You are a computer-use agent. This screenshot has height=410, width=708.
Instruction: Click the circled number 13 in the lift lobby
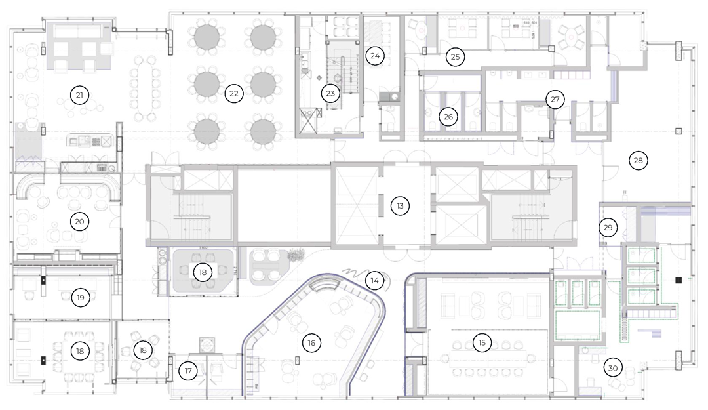(399, 206)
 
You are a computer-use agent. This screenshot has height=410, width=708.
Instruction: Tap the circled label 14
(374, 280)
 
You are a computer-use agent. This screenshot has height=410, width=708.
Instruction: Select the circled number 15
(482, 342)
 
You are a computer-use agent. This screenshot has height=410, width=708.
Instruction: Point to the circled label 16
(311, 342)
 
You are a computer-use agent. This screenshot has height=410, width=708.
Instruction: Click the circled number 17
(188, 371)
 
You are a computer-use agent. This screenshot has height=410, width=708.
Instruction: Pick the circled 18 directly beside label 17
(143, 350)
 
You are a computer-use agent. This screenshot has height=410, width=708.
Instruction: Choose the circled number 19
(80, 298)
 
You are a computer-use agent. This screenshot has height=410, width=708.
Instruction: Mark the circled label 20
(79, 222)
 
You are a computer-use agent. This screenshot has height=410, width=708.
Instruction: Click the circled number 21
(79, 96)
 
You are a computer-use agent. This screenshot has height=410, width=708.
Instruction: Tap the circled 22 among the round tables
(233, 94)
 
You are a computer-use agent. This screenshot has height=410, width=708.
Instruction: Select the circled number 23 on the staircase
(330, 94)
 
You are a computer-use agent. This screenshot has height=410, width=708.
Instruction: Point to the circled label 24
(374, 56)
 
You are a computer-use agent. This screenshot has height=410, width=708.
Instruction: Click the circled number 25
(455, 57)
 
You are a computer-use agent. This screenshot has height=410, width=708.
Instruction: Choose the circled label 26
(449, 117)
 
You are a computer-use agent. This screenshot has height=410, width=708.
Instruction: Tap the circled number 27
(555, 100)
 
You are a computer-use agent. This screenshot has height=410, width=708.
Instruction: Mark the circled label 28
(637, 159)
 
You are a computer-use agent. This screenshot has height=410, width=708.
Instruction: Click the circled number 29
(608, 228)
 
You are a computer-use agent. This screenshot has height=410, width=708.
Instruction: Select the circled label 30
(613, 368)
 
